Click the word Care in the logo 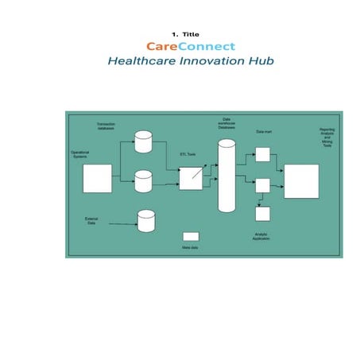[x=161, y=46]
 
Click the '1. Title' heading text [x=186, y=34]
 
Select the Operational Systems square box [x=98, y=178]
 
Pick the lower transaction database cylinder [x=143, y=181]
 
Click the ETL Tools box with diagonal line [x=190, y=178]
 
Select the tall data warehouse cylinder [x=227, y=176]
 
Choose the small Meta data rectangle [x=191, y=236]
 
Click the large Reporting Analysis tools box [x=301, y=181]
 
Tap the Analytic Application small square [x=262, y=213]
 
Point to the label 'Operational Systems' [x=79, y=154]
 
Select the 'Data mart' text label [x=264, y=130]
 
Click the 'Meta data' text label [x=190, y=248]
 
